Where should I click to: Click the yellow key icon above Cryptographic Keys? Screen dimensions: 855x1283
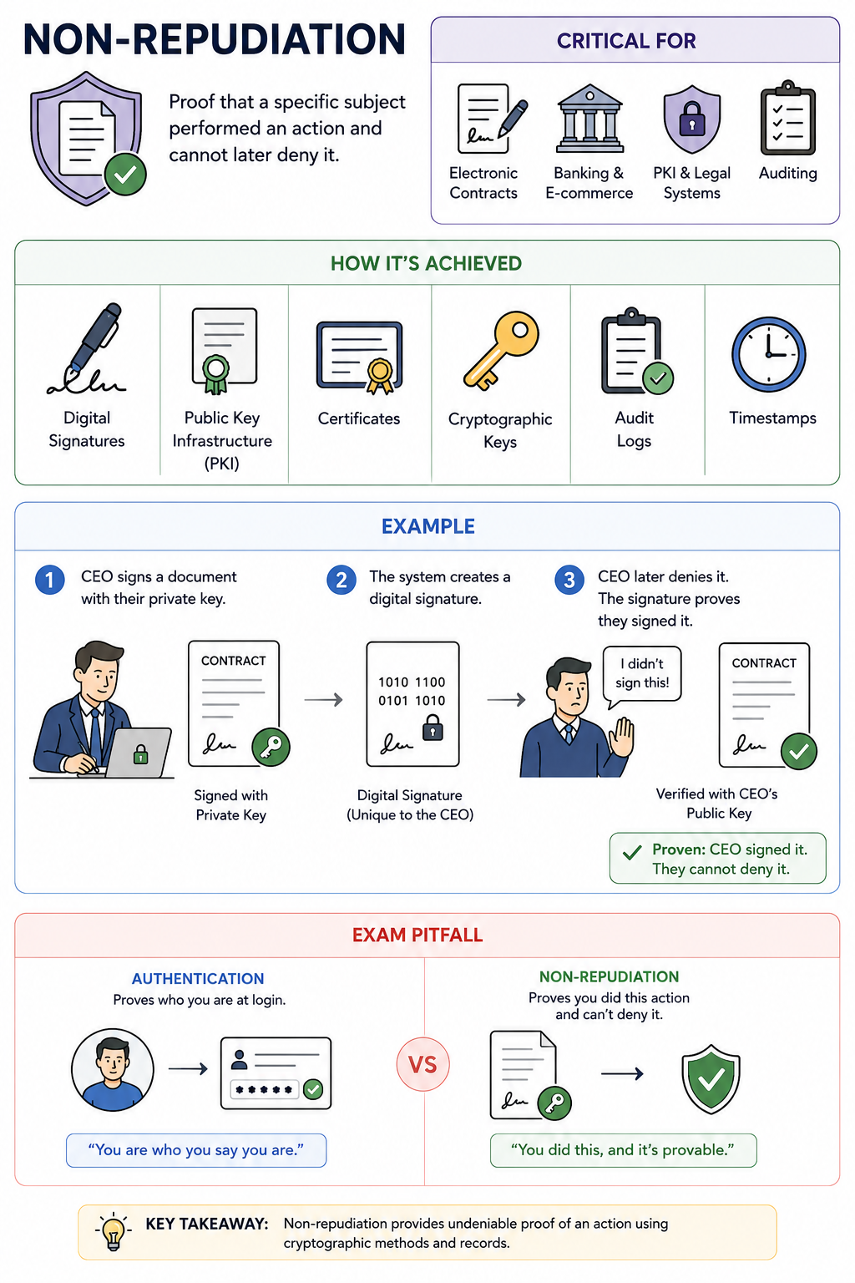[502, 351]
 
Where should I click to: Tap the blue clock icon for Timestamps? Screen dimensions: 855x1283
[768, 354]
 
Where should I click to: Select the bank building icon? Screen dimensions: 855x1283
[589, 119]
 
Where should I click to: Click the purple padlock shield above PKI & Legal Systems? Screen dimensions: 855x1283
[692, 119]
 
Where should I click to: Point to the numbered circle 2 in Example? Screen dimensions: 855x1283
[341, 580]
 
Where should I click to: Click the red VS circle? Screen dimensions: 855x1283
[422, 1064]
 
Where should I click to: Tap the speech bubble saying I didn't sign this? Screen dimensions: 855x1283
[642, 676]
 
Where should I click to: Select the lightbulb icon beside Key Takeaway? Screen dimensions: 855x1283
[114, 1230]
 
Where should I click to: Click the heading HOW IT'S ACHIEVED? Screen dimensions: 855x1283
[426, 263]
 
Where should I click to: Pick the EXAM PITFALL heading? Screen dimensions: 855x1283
[417, 935]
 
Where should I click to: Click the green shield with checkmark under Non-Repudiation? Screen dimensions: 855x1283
[711, 1078]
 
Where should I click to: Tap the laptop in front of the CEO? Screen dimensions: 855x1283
[139, 752]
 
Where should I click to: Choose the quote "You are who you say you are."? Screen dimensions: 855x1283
[196, 1149]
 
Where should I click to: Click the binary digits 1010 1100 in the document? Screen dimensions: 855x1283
[412, 682]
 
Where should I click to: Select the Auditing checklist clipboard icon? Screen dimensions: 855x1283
[788, 118]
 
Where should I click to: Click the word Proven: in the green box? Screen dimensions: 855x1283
[679, 849]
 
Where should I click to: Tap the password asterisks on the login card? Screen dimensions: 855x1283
[264, 1089]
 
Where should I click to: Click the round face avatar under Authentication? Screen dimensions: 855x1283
[113, 1069]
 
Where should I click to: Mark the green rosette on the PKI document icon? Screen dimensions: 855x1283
[216, 374]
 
